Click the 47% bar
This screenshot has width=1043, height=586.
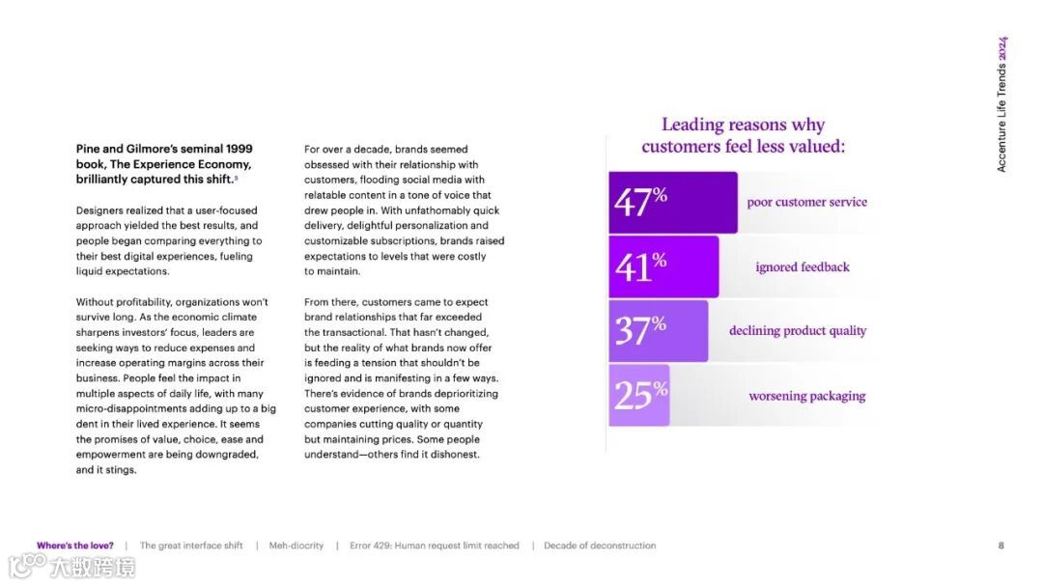pos(672,202)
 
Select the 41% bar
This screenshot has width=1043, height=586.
pos(663,266)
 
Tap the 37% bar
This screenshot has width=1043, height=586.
pos(658,330)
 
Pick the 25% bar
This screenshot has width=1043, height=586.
pos(638,395)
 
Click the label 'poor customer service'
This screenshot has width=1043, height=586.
pos(806,202)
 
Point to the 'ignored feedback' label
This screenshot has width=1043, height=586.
pos(803,266)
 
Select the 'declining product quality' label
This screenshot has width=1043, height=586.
pos(798,330)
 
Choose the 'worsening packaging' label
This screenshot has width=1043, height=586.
pos(806,396)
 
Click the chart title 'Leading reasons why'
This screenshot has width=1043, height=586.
pos(743,125)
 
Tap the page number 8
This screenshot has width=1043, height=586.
pos(1001,545)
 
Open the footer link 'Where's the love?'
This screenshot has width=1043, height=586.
pos(75,545)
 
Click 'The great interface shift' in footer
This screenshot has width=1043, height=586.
pos(191,545)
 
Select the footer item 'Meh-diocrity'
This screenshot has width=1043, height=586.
pos(296,545)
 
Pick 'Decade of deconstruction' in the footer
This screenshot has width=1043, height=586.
pos(600,545)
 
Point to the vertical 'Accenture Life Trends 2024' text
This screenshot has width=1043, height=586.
pos(1001,104)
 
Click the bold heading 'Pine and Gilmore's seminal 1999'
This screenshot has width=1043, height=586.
pos(164,149)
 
